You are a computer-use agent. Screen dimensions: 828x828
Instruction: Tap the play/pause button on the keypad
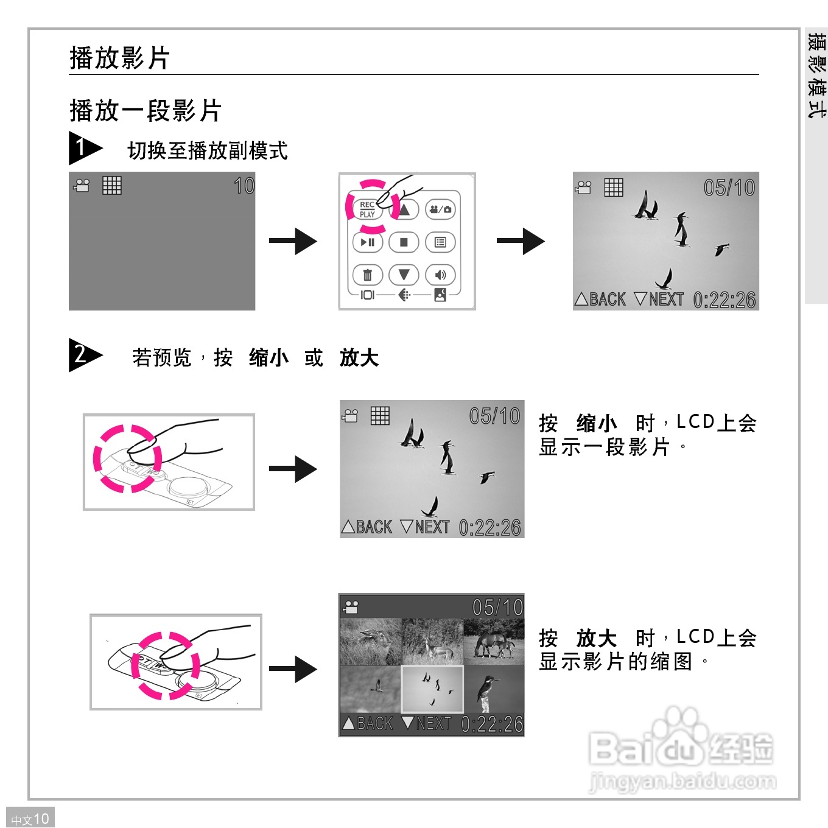click(x=368, y=242)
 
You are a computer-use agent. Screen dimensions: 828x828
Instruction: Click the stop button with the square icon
click(x=404, y=242)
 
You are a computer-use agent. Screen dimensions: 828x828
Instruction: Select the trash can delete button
click(x=368, y=275)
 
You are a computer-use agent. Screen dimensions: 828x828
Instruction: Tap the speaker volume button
click(x=440, y=275)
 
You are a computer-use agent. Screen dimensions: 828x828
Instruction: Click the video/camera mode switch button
click(x=440, y=209)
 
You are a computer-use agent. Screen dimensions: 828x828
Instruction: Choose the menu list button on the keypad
click(x=440, y=242)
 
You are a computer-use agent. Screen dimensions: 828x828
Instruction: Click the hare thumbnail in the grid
click(x=371, y=642)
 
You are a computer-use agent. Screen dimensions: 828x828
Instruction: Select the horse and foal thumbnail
click(x=494, y=642)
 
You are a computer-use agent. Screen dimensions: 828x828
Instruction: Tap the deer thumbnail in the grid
click(x=432, y=642)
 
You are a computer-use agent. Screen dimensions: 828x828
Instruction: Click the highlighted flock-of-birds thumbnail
click(x=432, y=689)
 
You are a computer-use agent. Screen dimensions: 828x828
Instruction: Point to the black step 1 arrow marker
click(x=84, y=148)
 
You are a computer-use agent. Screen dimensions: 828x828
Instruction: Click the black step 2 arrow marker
click(x=84, y=354)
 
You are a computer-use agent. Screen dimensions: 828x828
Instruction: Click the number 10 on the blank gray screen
click(x=244, y=186)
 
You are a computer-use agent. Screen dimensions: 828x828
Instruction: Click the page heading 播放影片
click(x=119, y=58)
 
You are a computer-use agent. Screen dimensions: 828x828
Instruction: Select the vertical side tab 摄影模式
click(x=816, y=75)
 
